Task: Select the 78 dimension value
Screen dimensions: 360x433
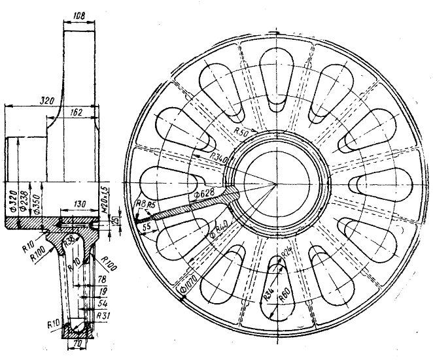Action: (x=101, y=279)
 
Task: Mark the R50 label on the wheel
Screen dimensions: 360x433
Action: (x=241, y=132)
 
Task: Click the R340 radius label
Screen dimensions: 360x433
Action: (x=220, y=158)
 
